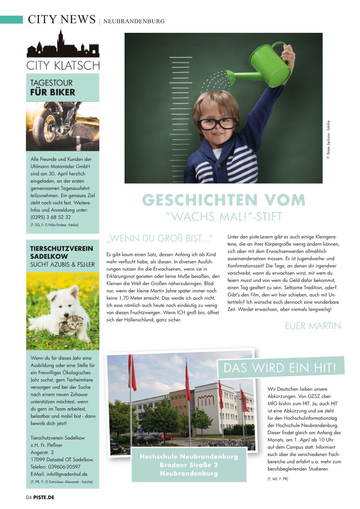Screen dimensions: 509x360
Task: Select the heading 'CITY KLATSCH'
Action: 63,65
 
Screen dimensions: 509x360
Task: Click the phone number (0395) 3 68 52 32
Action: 51,217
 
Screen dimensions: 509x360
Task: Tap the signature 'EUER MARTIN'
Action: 313,326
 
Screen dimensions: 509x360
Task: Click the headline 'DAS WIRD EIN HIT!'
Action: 280,368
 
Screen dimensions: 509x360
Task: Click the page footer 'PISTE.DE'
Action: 44,497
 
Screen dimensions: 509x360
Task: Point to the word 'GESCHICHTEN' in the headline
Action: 200,200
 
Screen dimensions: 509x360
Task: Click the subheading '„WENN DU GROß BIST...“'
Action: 160,238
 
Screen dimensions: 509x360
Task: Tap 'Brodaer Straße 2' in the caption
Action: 189,465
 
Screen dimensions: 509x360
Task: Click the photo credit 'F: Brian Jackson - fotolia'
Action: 328,139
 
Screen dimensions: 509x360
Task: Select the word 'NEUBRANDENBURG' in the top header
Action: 134,21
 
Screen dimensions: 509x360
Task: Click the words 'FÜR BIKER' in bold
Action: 53,92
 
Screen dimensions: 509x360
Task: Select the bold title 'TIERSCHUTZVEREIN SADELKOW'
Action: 62,252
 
